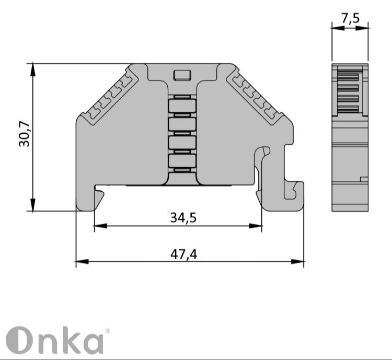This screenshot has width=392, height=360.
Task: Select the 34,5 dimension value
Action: point(183,217)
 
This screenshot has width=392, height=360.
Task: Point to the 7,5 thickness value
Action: point(350,18)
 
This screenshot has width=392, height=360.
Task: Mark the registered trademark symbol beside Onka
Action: point(108,331)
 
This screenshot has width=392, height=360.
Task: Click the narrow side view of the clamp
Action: point(350,138)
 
